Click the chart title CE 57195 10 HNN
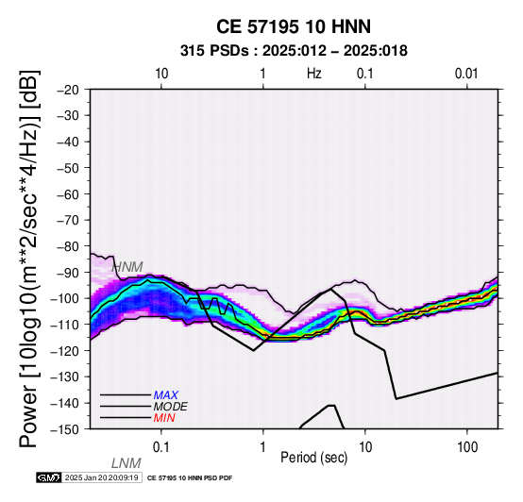coord(294,26)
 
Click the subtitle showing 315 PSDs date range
coord(294,51)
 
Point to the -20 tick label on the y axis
coord(68,90)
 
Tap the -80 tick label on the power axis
coord(68,246)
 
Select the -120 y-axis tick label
coord(65,351)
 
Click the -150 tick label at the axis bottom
coord(65,429)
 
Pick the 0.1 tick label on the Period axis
coord(161,447)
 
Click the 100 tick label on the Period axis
coord(467,447)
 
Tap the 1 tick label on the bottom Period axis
coord(263,447)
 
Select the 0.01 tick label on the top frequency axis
coord(466,74)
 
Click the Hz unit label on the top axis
coord(314,74)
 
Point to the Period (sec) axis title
coord(313,458)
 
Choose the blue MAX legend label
coord(166,395)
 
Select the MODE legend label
coord(171,407)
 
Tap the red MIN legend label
coord(164,418)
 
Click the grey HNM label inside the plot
coord(127,267)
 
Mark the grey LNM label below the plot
coord(127,463)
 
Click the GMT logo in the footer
coord(49,477)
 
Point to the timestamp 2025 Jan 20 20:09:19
coord(102,477)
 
